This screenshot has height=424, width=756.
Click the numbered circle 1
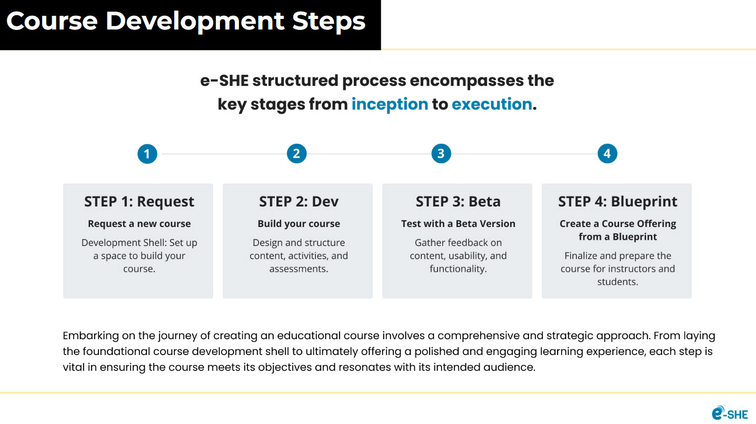147,154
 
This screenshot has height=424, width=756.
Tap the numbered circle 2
297,154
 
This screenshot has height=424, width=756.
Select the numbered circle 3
441,154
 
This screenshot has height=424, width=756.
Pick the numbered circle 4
608,154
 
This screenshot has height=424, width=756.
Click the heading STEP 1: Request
139,202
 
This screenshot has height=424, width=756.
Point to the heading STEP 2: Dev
299,202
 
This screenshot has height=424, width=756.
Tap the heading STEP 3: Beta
458,202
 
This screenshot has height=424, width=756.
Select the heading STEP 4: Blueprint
618,202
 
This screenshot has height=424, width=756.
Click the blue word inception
390,104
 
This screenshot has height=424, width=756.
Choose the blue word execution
492,104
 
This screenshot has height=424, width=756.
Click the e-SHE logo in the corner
730,412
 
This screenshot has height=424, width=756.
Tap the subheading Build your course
299,224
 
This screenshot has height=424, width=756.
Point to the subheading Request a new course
139,224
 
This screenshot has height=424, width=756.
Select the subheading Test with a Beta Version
458,224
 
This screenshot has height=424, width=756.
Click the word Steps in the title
329,22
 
